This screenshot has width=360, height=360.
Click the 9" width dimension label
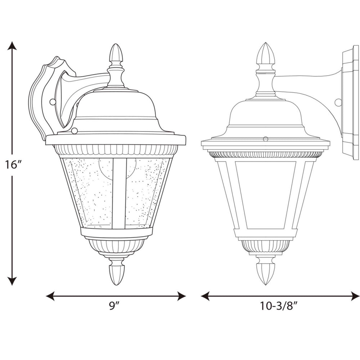(114, 306)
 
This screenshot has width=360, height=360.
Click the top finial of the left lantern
(116, 54)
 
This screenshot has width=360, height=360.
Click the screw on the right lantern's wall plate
(338, 102)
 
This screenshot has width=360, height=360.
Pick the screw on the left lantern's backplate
(53, 102)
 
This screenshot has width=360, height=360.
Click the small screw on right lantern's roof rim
(266, 139)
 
